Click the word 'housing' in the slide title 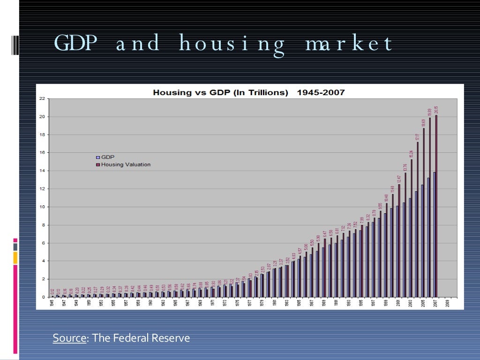(x=232, y=45)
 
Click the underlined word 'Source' (x=69, y=338)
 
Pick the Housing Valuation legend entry (x=123, y=165)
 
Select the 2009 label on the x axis (x=448, y=303)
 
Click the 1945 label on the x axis (x=52, y=303)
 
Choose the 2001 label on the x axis (x=398, y=303)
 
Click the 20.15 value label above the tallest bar (x=436, y=111)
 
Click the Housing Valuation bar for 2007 (x=436, y=206)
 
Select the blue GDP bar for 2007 (x=434, y=234)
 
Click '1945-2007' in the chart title (x=321, y=92)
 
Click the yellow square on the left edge (x=15, y=257)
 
